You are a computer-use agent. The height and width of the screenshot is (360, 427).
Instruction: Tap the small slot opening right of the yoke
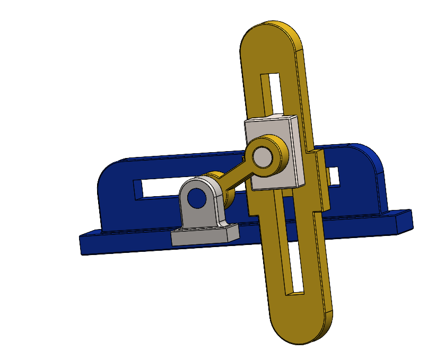pos(333,176)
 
